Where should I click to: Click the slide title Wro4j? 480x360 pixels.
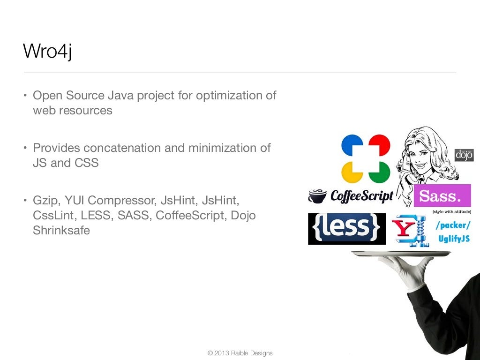tap(47, 51)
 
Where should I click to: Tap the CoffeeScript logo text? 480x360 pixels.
tap(362, 196)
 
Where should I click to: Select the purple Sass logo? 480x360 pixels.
tap(442, 195)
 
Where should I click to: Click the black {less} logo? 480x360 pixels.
tap(347, 229)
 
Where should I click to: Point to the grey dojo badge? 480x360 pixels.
tap(464, 155)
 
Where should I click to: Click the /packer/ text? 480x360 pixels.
tap(452, 225)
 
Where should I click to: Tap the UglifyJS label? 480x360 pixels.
tap(454, 239)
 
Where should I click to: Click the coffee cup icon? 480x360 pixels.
tap(317, 196)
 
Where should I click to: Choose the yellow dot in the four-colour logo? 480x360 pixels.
tap(352, 172)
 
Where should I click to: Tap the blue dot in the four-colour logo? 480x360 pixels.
tap(352, 145)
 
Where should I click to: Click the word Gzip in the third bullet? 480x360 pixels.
tap(46, 201)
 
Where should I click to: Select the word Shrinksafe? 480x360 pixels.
tap(61, 230)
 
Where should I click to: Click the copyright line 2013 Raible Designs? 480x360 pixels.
tap(240, 353)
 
